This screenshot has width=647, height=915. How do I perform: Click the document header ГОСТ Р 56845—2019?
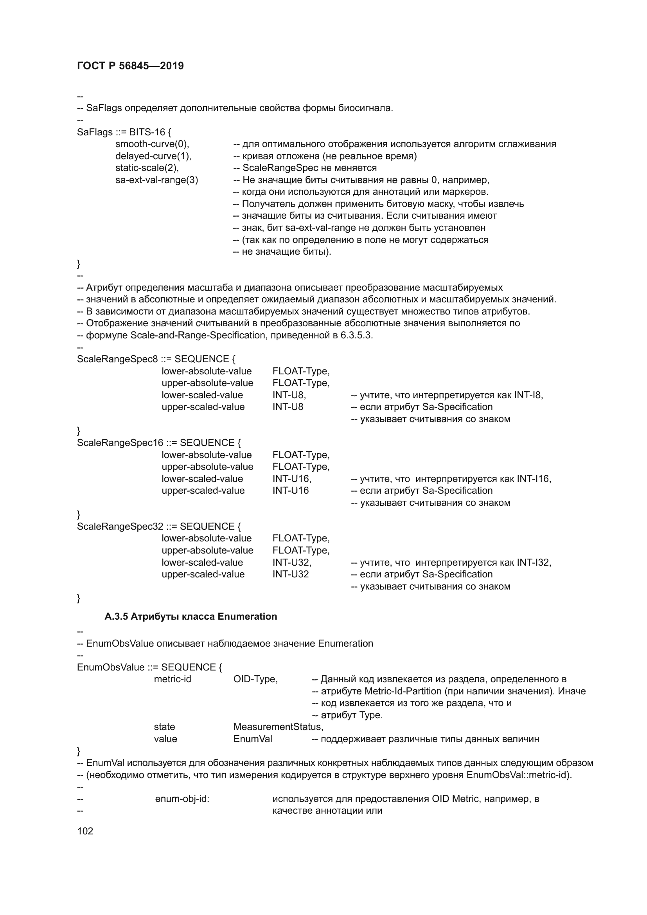point(130,66)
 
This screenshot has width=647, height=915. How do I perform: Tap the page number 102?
point(85,831)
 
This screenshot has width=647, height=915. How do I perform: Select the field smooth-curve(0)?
point(152,144)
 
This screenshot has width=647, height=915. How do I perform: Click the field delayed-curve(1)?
point(153,156)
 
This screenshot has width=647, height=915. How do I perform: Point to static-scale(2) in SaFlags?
point(147,168)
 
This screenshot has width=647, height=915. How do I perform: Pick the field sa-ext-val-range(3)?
point(156,180)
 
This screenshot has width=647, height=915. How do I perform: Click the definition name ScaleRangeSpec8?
point(117,359)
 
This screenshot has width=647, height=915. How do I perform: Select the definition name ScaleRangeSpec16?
point(120,443)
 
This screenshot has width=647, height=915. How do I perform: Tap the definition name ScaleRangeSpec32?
point(120,527)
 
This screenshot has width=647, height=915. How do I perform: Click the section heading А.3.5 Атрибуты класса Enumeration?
point(191,617)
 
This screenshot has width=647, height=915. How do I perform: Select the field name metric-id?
point(173,679)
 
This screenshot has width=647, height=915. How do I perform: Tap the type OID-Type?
point(255,679)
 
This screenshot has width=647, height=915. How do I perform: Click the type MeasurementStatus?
point(278,727)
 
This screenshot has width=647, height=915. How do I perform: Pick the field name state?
point(164,727)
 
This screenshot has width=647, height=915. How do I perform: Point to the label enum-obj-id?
point(182,799)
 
